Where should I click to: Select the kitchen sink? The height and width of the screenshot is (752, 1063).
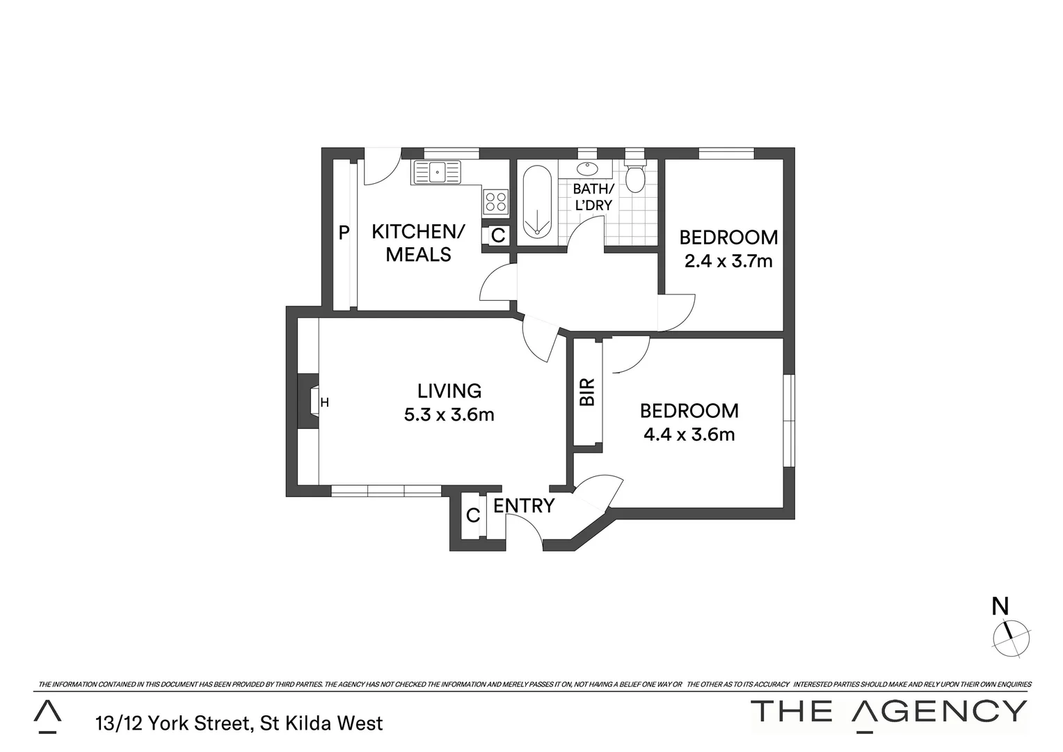click(x=436, y=172)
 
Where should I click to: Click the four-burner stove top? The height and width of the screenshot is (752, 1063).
click(x=496, y=202)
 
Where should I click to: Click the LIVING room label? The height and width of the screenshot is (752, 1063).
click(x=449, y=391)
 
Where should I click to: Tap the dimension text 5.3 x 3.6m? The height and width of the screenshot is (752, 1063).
click(x=449, y=415)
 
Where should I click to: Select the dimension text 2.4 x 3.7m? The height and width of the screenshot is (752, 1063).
click(x=728, y=262)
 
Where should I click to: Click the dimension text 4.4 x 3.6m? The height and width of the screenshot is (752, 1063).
click(x=689, y=434)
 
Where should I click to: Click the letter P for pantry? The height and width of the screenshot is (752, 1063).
click(x=344, y=233)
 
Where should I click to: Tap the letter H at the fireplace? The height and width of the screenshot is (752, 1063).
click(x=324, y=402)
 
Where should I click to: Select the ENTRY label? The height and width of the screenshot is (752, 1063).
click(x=524, y=506)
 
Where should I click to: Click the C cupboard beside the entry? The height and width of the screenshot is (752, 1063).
click(x=473, y=515)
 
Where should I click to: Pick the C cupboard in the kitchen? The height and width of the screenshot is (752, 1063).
click(x=498, y=235)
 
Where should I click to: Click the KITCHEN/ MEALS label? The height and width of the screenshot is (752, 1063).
click(x=418, y=243)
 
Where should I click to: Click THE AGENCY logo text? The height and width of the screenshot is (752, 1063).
click(x=889, y=711)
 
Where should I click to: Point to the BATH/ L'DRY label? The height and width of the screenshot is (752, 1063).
click(x=593, y=197)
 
